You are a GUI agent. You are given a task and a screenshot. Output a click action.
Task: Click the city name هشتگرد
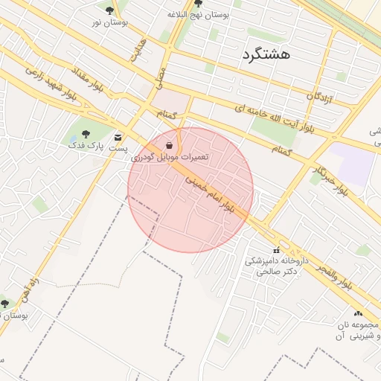tap(266, 55)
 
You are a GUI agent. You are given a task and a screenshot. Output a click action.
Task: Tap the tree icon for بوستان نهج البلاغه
tap(196, 4)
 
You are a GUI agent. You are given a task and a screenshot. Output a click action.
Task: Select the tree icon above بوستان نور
tap(110, 10)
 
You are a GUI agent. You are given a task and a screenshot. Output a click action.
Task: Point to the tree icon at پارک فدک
tap(85, 134)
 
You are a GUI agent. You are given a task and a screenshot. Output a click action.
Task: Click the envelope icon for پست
tap(118, 137)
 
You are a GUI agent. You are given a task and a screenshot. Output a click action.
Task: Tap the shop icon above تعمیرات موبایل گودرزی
tap(170, 144)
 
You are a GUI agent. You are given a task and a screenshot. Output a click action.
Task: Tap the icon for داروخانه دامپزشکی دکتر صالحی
tap(277, 249)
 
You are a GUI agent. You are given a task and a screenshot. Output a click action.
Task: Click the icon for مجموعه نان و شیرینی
tap(358, 314)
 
